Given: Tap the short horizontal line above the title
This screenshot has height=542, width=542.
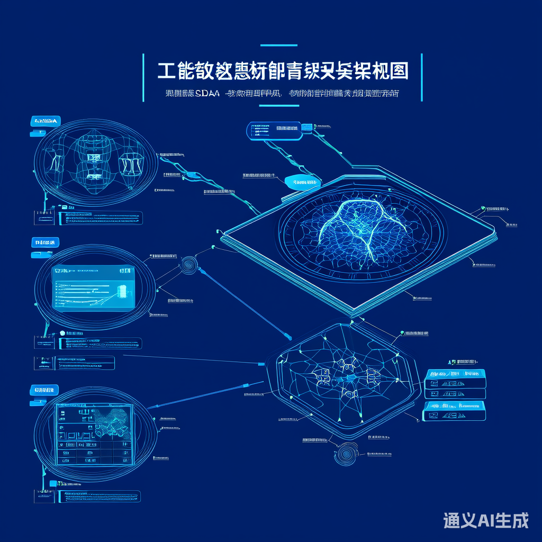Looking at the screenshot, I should pos(279,46).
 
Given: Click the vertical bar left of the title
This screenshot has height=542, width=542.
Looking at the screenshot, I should pos(143,77).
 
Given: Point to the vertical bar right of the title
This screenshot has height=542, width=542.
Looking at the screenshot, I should pos(421,77).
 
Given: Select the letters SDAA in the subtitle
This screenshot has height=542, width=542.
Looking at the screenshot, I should pos(207,94).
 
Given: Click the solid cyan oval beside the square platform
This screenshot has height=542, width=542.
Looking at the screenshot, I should pos(303,182).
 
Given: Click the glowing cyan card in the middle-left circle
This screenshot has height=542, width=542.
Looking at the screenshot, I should pos(93,288).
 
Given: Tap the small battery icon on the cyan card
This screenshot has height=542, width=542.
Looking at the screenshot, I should pos(121,291).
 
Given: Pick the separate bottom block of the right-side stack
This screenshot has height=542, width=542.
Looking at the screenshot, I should pos(455,411).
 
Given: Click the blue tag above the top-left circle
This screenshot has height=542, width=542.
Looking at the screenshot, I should pos(46,121).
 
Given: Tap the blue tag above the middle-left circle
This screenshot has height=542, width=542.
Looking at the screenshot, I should pos(46,243).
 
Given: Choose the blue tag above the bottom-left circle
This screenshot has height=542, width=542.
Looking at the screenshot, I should pos(46,391).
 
